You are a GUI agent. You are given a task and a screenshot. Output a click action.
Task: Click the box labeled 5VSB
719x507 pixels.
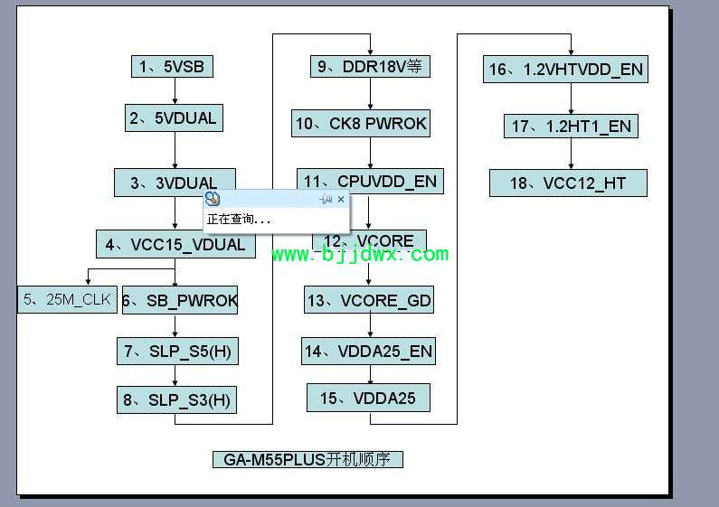point(172,67)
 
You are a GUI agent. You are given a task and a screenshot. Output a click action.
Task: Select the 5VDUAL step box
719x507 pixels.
point(174,118)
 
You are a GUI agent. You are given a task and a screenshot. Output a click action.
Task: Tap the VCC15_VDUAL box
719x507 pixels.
point(175,244)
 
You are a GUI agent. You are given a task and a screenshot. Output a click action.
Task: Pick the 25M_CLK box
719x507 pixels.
point(68,300)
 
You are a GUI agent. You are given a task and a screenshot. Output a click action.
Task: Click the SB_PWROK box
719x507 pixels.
point(180,300)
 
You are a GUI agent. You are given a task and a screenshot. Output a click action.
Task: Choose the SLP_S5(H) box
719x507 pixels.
point(177,352)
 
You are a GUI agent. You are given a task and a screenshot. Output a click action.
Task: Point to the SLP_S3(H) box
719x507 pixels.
point(176,400)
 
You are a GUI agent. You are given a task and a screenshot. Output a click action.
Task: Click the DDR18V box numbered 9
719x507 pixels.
point(370,67)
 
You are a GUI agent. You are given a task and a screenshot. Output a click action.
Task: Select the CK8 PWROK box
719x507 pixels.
point(361,123)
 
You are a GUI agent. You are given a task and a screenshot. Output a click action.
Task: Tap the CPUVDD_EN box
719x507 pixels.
point(370,181)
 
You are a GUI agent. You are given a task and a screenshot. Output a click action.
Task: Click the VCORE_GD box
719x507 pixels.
point(369,300)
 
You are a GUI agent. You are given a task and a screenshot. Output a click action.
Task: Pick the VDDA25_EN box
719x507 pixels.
point(368,352)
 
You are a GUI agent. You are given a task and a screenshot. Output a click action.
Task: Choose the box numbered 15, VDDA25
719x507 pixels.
point(368,398)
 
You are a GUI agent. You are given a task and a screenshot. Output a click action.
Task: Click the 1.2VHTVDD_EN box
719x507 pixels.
point(565,70)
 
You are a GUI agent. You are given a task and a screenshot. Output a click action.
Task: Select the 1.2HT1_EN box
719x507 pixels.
point(571,126)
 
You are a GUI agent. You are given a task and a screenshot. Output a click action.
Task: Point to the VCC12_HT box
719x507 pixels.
point(568,183)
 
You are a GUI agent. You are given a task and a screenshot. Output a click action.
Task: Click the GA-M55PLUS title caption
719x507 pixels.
point(307,459)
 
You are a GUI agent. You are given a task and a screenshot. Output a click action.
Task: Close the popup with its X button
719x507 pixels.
point(341,200)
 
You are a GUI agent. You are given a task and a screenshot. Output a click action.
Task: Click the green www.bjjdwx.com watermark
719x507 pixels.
point(361,253)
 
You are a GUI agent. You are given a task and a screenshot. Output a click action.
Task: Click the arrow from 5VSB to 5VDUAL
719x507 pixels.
point(175,90)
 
